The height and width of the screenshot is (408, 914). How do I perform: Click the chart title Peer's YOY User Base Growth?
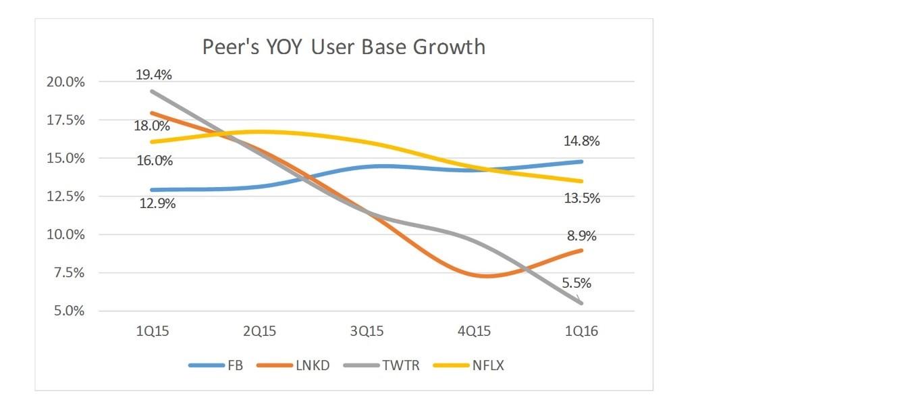344,47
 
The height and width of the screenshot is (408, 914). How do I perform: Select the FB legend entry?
216,365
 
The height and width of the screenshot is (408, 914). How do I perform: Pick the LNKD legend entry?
293,365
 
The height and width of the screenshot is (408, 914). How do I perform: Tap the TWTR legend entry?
381,365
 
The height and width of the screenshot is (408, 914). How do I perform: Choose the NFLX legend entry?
468,365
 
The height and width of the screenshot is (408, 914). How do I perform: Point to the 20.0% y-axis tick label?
65,82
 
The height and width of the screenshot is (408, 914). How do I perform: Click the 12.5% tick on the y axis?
65,197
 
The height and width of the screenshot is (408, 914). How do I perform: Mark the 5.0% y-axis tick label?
69,311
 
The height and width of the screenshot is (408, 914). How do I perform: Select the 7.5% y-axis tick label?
69,272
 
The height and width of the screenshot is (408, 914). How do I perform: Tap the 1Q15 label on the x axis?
152,331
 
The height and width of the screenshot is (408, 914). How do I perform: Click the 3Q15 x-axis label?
367,331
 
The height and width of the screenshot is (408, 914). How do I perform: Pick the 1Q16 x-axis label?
581,331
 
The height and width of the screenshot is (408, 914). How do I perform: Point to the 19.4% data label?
154,75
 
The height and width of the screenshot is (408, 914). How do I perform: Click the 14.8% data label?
582,141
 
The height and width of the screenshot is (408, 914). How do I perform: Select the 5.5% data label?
576,282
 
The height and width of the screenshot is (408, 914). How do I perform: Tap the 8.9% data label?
582,236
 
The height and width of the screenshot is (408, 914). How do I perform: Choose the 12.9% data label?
157,203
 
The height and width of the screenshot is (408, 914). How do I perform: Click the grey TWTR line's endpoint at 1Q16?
581,303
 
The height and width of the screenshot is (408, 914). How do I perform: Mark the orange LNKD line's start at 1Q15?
152,113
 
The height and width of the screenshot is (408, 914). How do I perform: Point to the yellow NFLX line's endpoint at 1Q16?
581,181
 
